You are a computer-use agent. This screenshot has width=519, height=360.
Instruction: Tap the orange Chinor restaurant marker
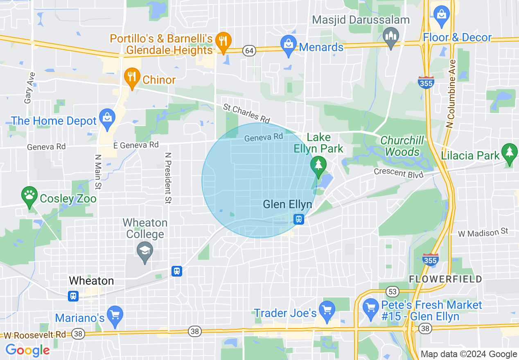(131, 78)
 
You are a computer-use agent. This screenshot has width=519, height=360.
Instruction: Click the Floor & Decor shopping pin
(442, 14)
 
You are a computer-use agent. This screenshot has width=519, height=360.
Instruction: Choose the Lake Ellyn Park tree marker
(318, 166)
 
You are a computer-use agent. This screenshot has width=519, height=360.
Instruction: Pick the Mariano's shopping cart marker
(115, 315)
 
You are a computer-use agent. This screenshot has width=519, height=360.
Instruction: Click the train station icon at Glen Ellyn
(299, 219)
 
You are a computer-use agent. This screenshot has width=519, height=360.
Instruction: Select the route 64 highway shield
(249, 50)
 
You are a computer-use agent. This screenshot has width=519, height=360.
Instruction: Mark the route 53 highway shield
(393, 291)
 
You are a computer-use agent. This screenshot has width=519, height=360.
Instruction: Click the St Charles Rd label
(246, 113)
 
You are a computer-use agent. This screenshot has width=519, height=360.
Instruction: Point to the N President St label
(168, 178)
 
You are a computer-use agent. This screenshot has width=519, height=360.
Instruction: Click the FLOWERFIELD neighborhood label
(445, 279)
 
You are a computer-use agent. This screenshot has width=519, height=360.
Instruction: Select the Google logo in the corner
(27, 350)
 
